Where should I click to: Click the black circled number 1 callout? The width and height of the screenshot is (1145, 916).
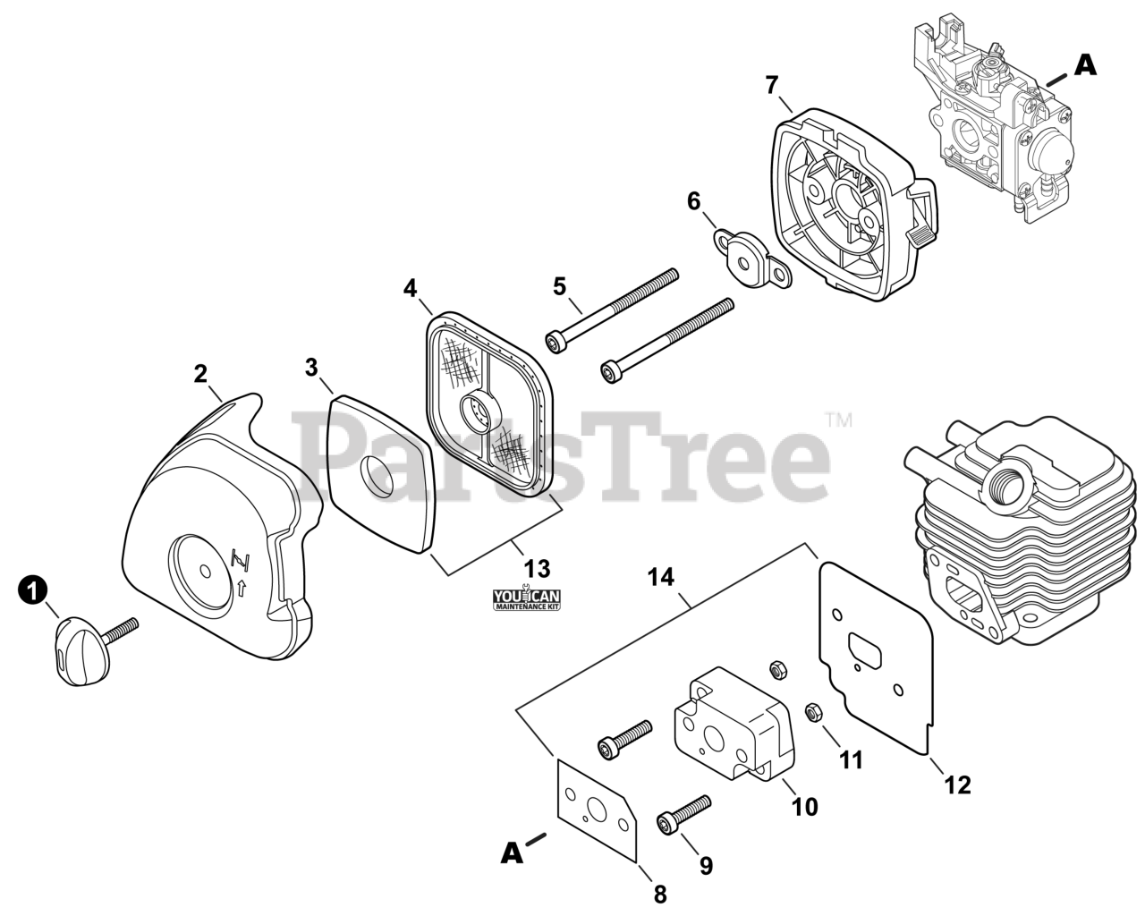pos(33,590)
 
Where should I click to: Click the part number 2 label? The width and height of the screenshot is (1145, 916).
pos(202,374)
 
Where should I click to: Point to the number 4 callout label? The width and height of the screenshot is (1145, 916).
pos(410,289)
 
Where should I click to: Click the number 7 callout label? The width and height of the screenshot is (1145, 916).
pos(772,86)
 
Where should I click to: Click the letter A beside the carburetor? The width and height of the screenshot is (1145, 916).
pos(1085,64)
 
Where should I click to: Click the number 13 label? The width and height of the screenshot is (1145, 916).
pos(538,568)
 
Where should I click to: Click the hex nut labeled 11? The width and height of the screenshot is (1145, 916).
pos(814,713)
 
